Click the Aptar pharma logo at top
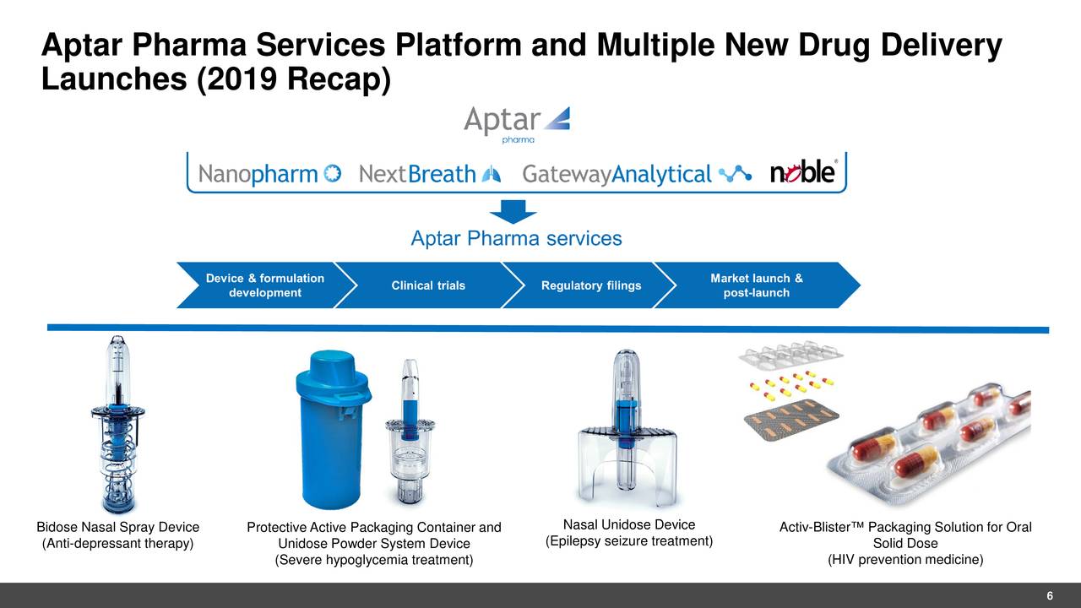516,124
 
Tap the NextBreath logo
429,174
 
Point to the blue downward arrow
513,212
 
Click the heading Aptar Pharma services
516,239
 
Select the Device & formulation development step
264,285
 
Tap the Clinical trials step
428,285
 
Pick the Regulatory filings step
590,285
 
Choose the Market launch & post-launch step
756,285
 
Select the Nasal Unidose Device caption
629,525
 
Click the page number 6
1049,596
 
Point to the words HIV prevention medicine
904,560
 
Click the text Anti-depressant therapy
118,543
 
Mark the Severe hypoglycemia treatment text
374,560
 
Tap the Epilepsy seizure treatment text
629,541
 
